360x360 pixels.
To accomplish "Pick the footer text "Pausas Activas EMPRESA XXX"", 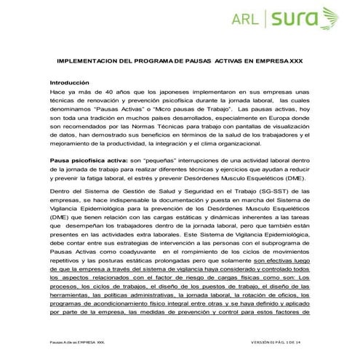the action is click(x=73, y=341).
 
